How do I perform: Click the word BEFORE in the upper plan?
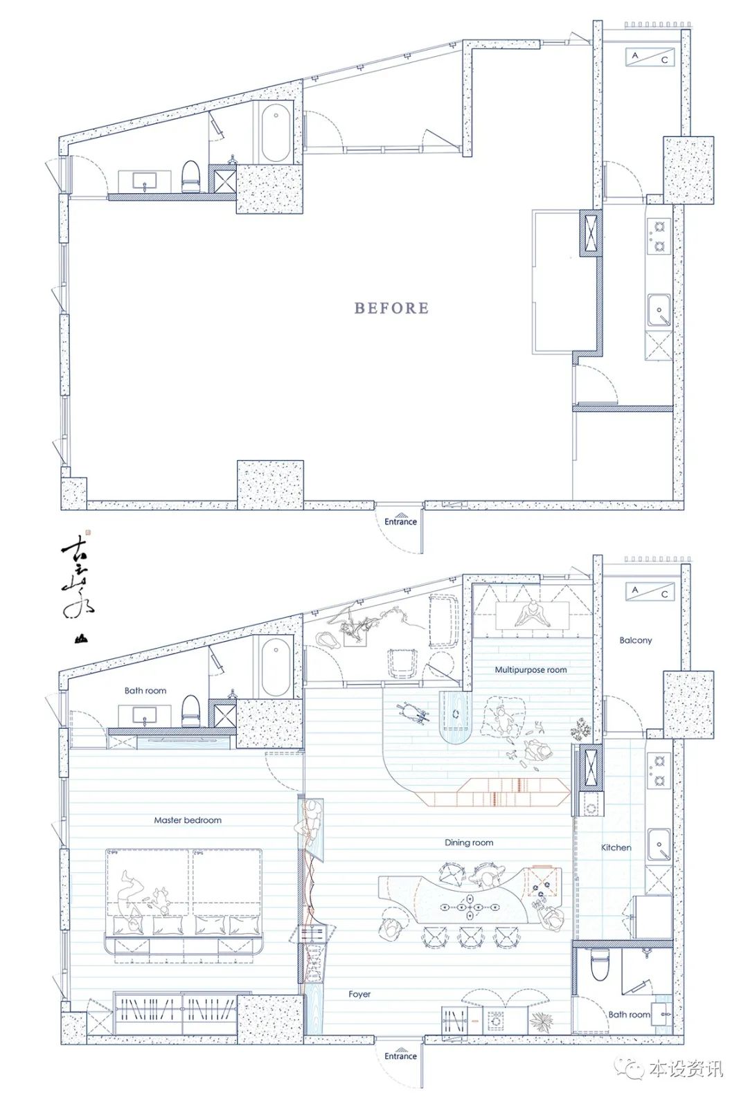(x=391, y=308)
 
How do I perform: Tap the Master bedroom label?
(x=188, y=820)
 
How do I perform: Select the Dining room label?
(x=469, y=843)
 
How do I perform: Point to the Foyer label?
(x=359, y=994)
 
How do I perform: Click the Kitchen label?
(x=616, y=847)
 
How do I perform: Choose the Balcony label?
(x=635, y=641)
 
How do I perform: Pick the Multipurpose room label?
(x=531, y=670)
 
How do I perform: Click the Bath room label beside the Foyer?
(x=629, y=1015)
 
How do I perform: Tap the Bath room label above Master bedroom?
(x=145, y=691)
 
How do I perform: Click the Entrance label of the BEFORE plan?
(x=401, y=521)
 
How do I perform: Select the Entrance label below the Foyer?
(x=401, y=1056)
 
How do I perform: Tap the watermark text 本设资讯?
(x=686, y=1069)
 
